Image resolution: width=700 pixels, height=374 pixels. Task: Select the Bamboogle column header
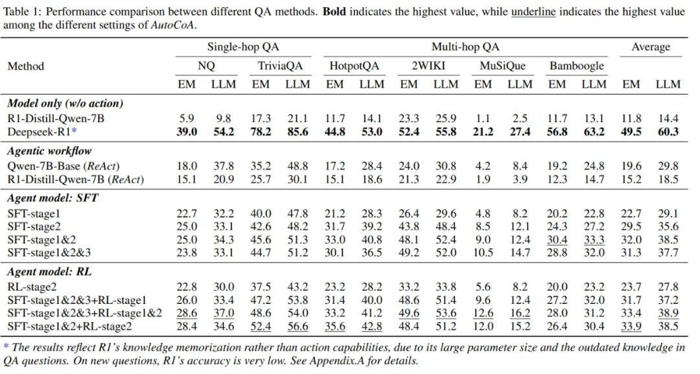pyautogui.click(x=576, y=66)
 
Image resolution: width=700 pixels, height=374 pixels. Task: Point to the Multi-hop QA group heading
pyautogui.click(x=465, y=47)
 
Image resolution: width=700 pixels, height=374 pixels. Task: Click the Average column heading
pyautogui.click(x=651, y=47)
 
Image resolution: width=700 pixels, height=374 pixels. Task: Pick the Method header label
pyautogui.click(x=26, y=66)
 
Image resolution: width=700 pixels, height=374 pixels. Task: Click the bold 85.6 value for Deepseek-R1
pyautogui.click(x=298, y=132)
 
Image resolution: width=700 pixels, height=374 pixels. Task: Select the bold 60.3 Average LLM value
pyautogui.click(x=668, y=132)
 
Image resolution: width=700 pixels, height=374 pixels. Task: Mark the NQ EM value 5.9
pyautogui.click(x=187, y=118)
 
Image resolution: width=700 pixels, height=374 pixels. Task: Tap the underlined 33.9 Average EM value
pyautogui.click(x=631, y=326)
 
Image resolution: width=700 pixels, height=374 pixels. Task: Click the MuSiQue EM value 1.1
pyautogui.click(x=483, y=118)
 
